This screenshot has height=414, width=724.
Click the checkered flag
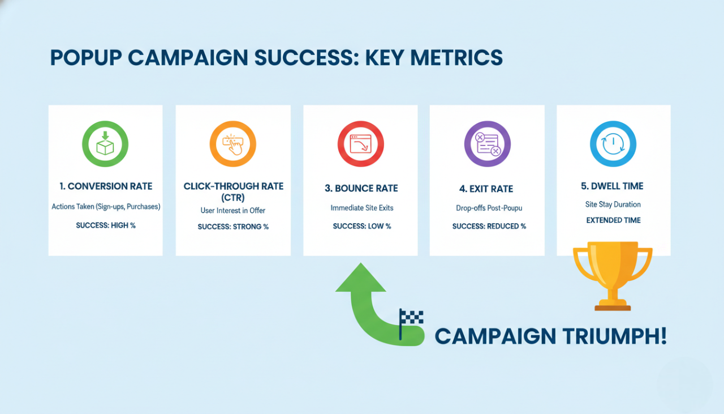(x=411, y=319)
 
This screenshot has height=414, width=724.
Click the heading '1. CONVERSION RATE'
(x=106, y=186)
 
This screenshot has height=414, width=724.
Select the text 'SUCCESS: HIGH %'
(x=106, y=225)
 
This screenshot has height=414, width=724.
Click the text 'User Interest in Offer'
(x=233, y=211)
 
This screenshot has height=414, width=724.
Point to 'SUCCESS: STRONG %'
(x=233, y=227)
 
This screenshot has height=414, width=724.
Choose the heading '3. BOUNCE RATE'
(x=361, y=189)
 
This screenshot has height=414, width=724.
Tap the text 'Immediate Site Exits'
(x=361, y=208)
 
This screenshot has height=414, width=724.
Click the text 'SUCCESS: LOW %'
(x=361, y=226)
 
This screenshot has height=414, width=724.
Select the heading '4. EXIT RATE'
(x=487, y=189)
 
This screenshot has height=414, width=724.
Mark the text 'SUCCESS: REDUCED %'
(x=489, y=226)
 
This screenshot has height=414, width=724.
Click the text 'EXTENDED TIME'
(x=613, y=220)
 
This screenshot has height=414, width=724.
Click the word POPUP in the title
(x=85, y=58)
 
